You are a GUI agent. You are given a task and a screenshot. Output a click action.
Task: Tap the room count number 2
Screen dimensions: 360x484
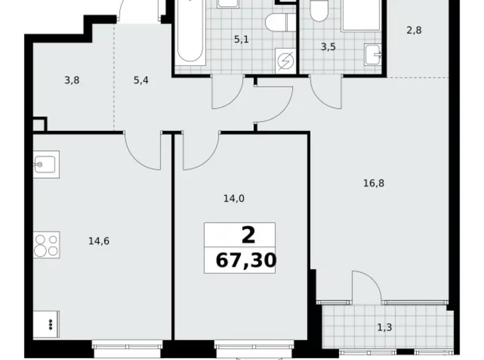tap(247, 235)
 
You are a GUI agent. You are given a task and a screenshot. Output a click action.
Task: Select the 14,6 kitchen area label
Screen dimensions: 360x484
tap(99, 241)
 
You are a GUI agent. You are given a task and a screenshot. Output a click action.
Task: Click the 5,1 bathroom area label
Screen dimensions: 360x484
tap(241, 40)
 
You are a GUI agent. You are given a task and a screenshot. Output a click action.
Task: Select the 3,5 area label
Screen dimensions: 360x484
tap(328, 46)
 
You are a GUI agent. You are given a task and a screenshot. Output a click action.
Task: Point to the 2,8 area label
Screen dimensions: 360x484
tap(414, 29)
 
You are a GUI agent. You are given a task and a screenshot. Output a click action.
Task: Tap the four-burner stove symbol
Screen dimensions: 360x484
tap(47, 245)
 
